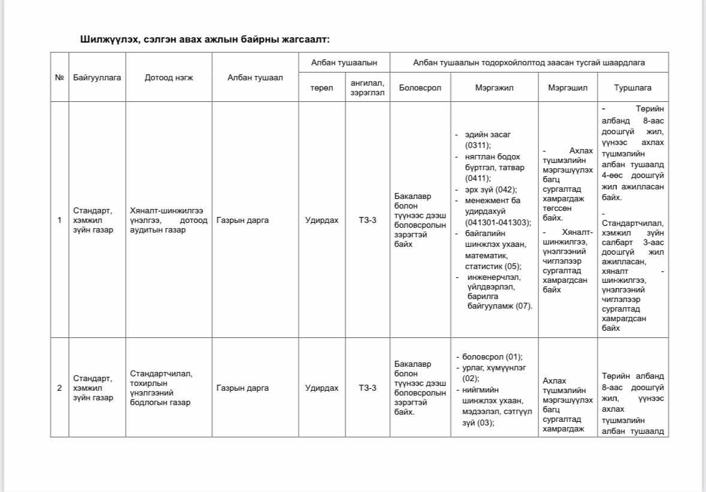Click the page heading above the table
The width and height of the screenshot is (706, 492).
(x=205, y=40)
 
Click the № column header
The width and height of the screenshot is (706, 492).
(x=59, y=78)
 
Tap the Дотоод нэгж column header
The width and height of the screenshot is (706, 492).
(x=169, y=78)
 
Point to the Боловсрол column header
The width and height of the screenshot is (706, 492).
(x=420, y=87)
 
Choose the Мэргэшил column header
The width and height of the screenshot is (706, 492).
(x=568, y=87)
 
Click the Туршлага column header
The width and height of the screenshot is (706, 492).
(x=633, y=87)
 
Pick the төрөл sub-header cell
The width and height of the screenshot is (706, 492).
(x=322, y=87)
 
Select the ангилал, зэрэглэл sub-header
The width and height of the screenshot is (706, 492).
(x=367, y=88)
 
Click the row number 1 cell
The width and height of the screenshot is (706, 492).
(x=59, y=220)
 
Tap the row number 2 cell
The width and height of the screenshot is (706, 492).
(x=59, y=388)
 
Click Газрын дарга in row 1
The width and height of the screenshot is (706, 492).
(x=243, y=220)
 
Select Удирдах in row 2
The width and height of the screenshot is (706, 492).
(x=322, y=388)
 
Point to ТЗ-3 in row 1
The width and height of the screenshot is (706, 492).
(x=368, y=220)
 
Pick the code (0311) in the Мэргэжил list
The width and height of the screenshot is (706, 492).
(x=478, y=145)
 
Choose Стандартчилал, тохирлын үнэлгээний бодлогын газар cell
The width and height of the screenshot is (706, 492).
(x=161, y=388)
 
